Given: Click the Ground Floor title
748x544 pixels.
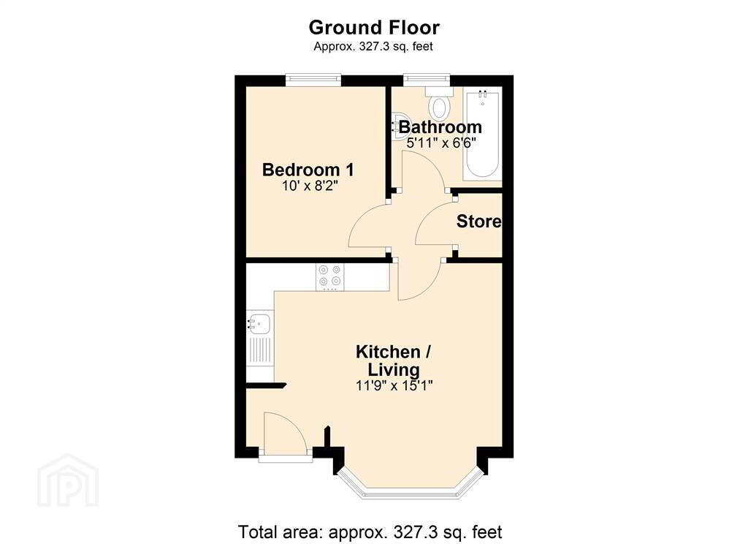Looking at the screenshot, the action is coord(374,28).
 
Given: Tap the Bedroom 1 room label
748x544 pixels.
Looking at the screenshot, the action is coord(308,170).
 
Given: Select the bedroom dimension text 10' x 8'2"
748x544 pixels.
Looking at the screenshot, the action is coord(310,185).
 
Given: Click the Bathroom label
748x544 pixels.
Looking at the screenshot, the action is coord(440,127).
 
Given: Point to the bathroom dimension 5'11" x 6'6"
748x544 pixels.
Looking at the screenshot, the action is coord(441,143).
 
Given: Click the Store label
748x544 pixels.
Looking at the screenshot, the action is coord(478,221).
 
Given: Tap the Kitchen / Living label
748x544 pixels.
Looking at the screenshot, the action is coord(394,360).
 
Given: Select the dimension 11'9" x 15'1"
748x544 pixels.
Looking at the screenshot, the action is coord(394,385).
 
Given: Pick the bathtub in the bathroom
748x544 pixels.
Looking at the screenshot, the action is coord(482,134).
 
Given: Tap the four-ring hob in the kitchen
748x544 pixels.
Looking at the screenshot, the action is coord(330,277).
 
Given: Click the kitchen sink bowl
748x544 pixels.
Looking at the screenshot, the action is coord(259,325).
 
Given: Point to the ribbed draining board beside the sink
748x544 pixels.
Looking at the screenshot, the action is coord(259,350).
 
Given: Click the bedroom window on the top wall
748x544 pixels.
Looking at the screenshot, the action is coord(313,80).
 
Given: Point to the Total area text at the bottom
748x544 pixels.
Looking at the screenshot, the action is coord(370,532).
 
